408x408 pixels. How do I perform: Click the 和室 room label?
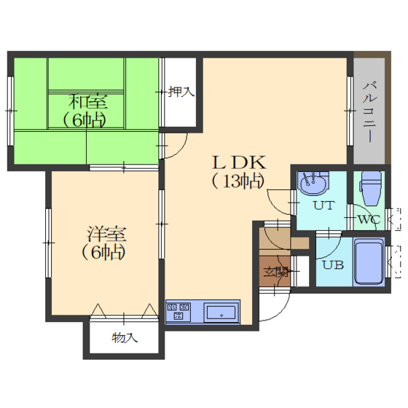tap(87, 101)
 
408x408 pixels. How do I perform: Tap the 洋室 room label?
tap(106, 234)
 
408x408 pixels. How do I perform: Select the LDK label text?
tap(240, 162)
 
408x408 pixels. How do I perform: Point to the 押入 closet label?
tap(181, 92)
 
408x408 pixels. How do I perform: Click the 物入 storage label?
tap(125, 338)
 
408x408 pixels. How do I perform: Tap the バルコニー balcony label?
tap(370, 112)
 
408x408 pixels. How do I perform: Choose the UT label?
tap(323, 205)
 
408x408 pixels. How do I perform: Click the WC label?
tap(369, 219)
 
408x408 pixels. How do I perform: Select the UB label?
tap(333, 264)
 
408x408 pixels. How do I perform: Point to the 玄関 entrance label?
tap(276, 272)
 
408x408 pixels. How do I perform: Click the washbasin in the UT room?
tap(313, 183)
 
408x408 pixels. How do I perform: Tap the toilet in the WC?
tap(372, 188)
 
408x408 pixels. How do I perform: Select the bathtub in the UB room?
tap(369, 262)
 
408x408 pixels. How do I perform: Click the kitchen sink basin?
tap(221, 313)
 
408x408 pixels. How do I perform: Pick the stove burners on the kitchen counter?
tap(178, 311)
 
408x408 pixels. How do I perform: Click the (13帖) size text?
tap(238, 181)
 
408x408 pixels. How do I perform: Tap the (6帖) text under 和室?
tap(85, 120)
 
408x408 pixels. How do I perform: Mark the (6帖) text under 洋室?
tap(104, 252)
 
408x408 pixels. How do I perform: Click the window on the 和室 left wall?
tap(10, 111)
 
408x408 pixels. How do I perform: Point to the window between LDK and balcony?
tap(350, 111)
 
